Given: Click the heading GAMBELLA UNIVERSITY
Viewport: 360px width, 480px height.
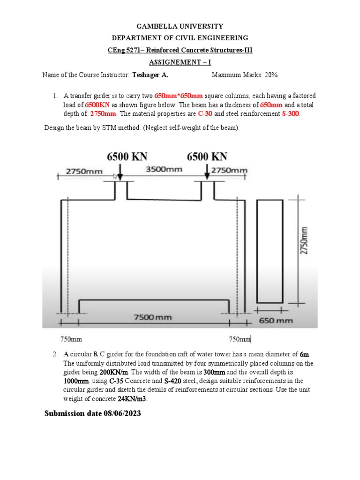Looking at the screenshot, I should [x=180, y=26].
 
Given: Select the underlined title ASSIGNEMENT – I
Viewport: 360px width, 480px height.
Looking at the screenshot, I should [x=180, y=62].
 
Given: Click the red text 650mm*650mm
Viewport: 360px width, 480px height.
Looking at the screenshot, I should [x=179, y=96].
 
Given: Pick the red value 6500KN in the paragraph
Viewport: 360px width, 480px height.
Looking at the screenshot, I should [x=97, y=105].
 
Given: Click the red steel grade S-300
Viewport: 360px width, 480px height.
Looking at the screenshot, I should [x=290, y=113].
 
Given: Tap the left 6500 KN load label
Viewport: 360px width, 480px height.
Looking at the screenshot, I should [x=127, y=157].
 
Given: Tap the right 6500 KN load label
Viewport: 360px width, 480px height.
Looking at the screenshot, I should [x=207, y=157].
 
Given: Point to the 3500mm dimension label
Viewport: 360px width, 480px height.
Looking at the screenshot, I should [x=164, y=169].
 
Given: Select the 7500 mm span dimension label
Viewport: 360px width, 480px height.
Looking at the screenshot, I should [x=153, y=317].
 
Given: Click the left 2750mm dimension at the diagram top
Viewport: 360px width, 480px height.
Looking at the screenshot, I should [x=83, y=171].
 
